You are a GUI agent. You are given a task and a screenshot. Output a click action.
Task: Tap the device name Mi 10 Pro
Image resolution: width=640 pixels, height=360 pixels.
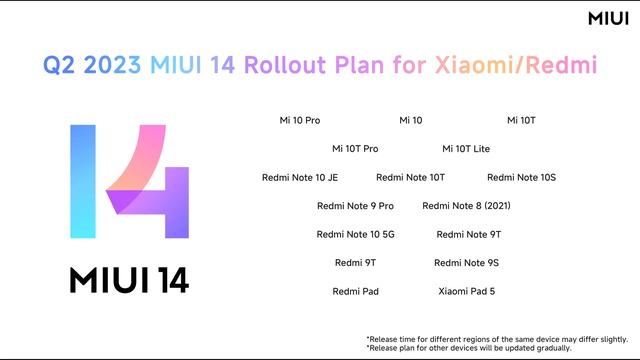tap(299, 120)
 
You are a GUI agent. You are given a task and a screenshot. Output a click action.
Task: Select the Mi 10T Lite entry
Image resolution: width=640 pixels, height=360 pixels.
tap(466, 149)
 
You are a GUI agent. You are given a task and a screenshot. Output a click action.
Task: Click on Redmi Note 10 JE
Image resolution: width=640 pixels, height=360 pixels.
tap(300, 177)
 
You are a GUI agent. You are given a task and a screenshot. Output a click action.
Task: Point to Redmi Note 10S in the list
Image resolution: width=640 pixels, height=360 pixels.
tap(521, 177)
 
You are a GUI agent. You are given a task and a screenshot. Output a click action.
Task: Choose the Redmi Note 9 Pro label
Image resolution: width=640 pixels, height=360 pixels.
tap(355, 206)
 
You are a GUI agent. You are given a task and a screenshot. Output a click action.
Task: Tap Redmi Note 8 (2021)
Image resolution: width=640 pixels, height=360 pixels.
tap(466, 206)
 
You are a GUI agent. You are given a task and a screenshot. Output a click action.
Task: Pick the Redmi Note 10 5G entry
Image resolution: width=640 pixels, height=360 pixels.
tap(355, 234)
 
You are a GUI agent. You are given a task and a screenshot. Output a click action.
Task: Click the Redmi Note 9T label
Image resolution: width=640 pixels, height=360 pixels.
tap(469, 234)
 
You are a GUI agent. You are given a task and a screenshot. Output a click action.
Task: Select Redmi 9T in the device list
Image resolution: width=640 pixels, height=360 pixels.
tap(355, 262)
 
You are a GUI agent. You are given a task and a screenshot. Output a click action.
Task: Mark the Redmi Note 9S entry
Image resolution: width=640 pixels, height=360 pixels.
tap(466, 262)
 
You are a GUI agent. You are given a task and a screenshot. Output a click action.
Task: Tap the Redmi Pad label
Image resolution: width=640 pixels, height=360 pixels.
tap(355, 291)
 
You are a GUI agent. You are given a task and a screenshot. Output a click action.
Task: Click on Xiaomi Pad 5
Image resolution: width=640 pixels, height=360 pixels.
tap(466, 291)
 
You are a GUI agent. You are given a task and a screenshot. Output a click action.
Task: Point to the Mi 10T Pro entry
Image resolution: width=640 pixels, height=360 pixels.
tap(355, 149)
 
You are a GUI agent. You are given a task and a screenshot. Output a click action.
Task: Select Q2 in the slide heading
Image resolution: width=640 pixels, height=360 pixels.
tap(61, 66)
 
